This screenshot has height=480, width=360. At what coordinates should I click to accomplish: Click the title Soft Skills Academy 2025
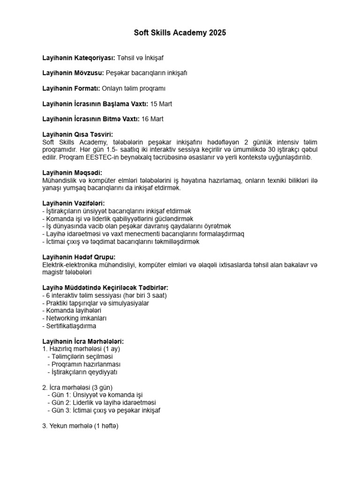pyautogui.click(x=180, y=33)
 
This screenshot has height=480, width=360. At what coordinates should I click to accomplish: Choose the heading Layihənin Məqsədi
pyautogui.click(x=72, y=172)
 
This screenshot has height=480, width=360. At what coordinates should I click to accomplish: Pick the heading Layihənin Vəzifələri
pyautogui.click(x=73, y=203)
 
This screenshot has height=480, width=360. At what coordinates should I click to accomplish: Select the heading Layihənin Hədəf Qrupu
pyautogui.click(x=79, y=257)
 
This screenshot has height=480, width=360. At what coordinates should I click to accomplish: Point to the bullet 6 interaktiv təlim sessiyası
pyautogui.click(x=105, y=295)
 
